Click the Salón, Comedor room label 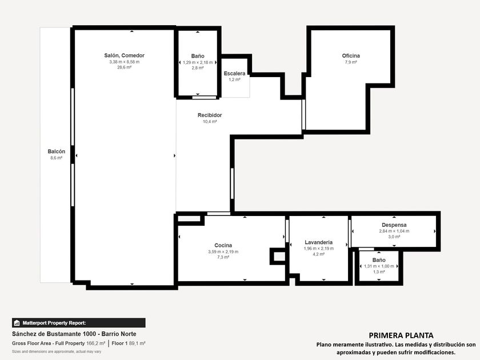click(125, 55)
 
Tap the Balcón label click(57, 151)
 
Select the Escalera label click(234, 74)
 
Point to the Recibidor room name click(210, 115)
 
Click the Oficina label click(351, 56)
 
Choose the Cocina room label click(223, 245)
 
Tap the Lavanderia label click(319, 242)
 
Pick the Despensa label click(394, 225)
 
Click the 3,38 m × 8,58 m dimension click(125, 62)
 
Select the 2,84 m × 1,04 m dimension click(394, 231)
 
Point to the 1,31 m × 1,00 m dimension click(379, 266)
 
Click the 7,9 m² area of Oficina click(351, 62)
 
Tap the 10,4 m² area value click(210, 122)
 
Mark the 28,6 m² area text click(125, 67)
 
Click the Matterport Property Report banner click(79, 323)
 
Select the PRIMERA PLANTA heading click(401, 335)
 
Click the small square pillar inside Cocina click(278, 256)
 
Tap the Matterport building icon click(17, 323)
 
